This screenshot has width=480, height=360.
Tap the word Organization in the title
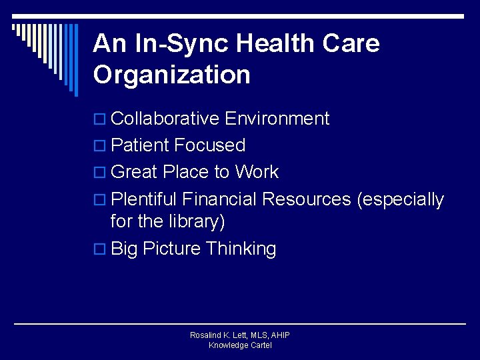pos(172,75)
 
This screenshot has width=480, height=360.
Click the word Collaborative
pos(165,119)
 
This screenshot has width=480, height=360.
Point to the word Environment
pos(277,119)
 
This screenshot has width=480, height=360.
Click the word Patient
pos(141,145)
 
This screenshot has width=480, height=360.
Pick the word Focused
pos(210,145)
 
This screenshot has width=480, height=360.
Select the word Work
pos(257,172)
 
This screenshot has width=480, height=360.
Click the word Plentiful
pos(144,199)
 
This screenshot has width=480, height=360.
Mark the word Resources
pos(307,199)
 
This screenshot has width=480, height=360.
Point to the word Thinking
pos(241,249)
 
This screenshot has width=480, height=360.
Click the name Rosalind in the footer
pos(207,335)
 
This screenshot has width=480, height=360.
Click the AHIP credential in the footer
pos(279,335)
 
